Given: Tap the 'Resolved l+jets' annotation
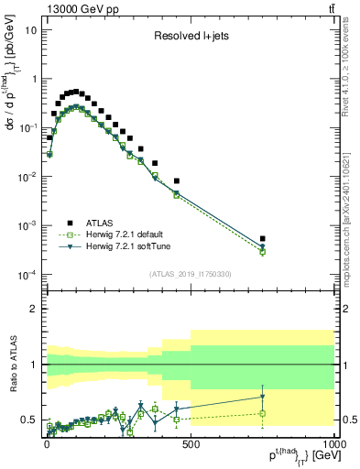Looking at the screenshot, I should (x=192, y=38).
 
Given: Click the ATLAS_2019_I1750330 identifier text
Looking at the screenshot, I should (x=189, y=274).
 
